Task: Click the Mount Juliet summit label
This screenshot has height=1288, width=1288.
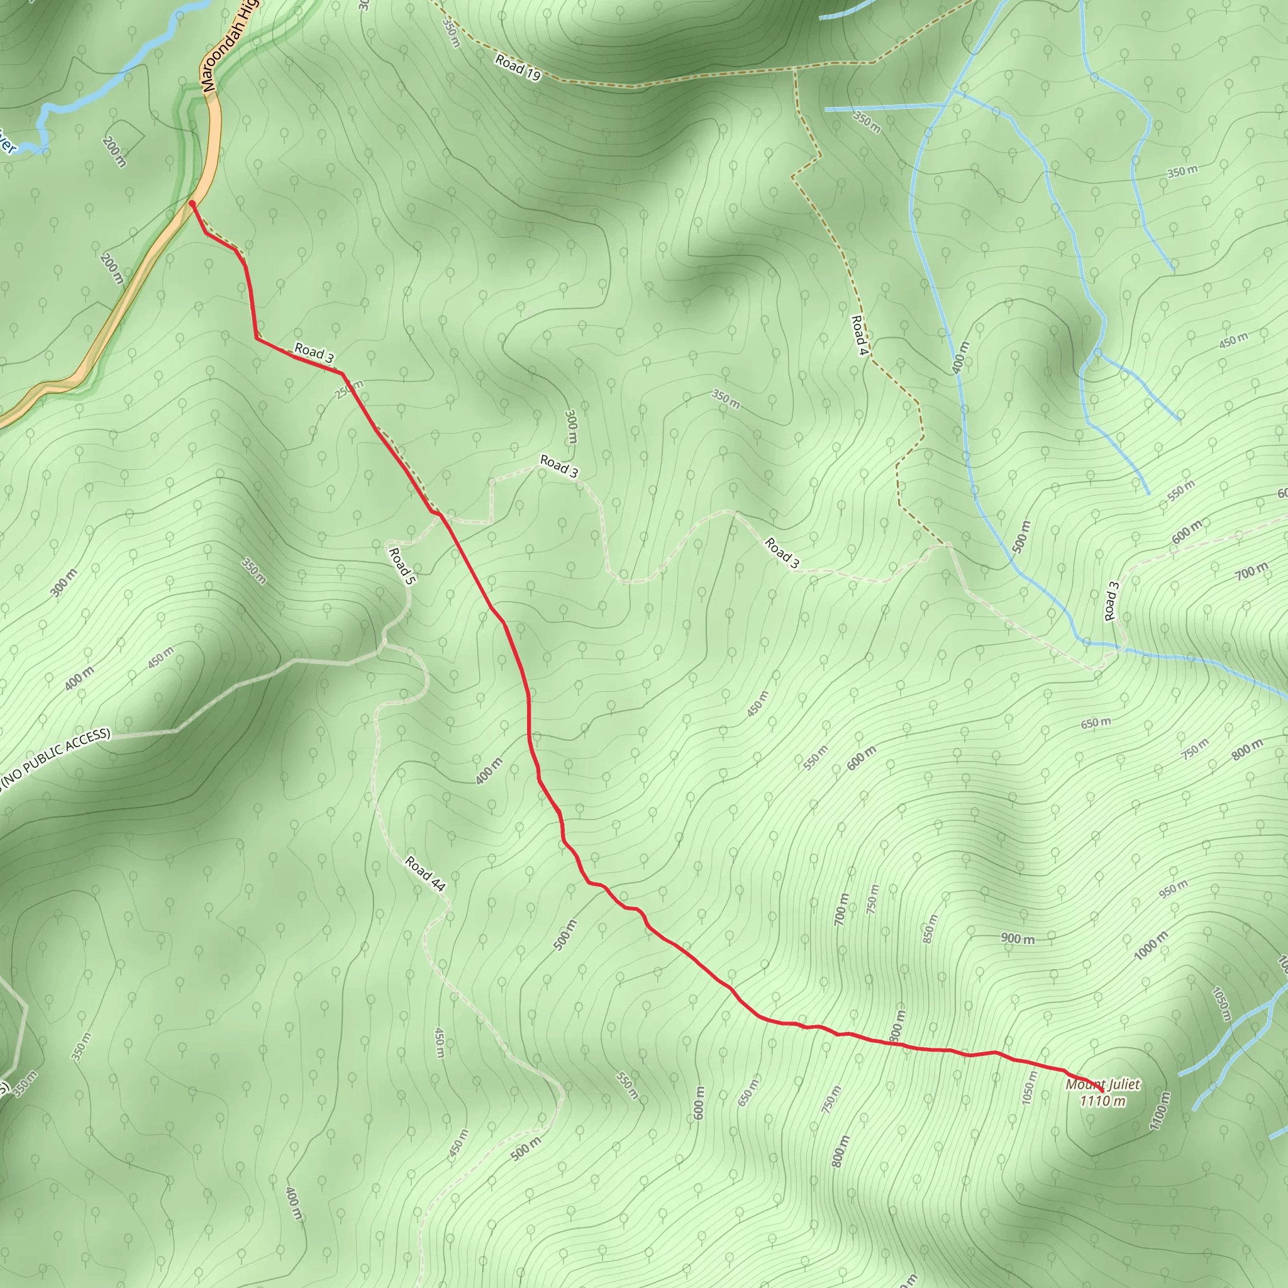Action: tap(1102, 1085)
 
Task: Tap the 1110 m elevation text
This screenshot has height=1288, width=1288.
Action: tap(1102, 1101)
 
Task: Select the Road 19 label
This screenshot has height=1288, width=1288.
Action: tap(518, 68)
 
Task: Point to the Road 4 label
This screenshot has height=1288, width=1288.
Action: tap(859, 335)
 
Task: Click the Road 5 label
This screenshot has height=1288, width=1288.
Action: tap(401, 567)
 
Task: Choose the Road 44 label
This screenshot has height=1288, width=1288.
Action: tap(425, 874)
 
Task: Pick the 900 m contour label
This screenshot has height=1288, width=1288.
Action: tap(1018, 939)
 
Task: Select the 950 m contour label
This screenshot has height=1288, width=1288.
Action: tap(1173, 889)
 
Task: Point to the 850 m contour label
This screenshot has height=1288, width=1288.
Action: tap(930, 929)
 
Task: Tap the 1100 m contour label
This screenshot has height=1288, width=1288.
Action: tap(1160, 1111)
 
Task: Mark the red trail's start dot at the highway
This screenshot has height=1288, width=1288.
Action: tap(192, 203)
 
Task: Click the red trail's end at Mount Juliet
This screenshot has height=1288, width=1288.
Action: tap(1101, 1091)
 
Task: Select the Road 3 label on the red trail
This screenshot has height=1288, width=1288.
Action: tap(314, 353)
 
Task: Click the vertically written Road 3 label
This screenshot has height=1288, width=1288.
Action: tap(1111, 601)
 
